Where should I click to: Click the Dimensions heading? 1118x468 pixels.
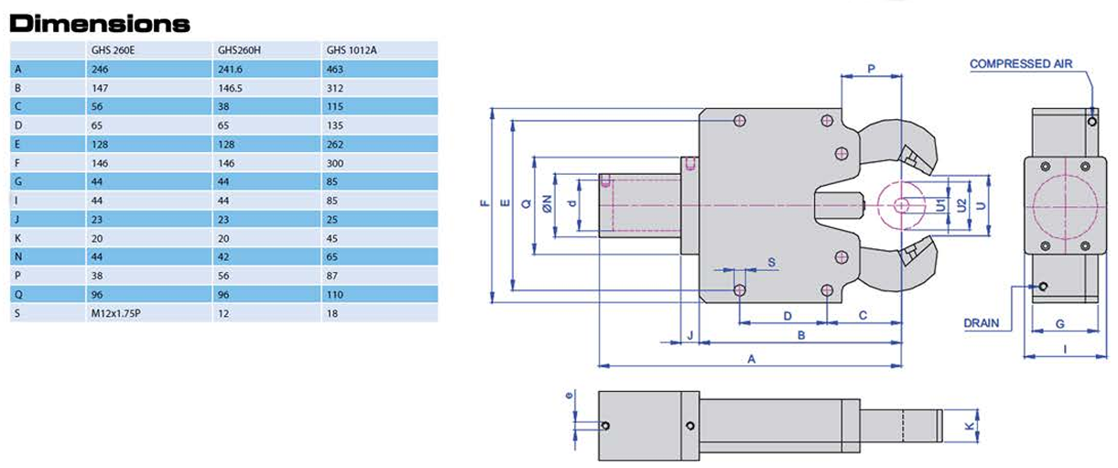pyautogui.click(x=100, y=24)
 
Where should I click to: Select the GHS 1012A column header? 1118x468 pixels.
pyautogui.click(x=352, y=50)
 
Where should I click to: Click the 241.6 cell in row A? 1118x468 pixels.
pyautogui.click(x=230, y=69)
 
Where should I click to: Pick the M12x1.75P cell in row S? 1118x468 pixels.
pyautogui.click(x=115, y=313)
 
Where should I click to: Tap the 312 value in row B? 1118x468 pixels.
pyautogui.click(x=335, y=88)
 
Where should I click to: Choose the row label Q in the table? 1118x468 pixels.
pyautogui.click(x=18, y=295)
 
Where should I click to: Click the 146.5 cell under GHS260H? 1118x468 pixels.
pyautogui.click(x=230, y=88)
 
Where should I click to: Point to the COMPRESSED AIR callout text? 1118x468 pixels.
pyautogui.click(x=1021, y=64)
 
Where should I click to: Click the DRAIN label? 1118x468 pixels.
pyautogui.click(x=982, y=323)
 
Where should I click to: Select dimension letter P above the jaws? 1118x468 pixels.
pyautogui.click(x=871, y=69)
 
